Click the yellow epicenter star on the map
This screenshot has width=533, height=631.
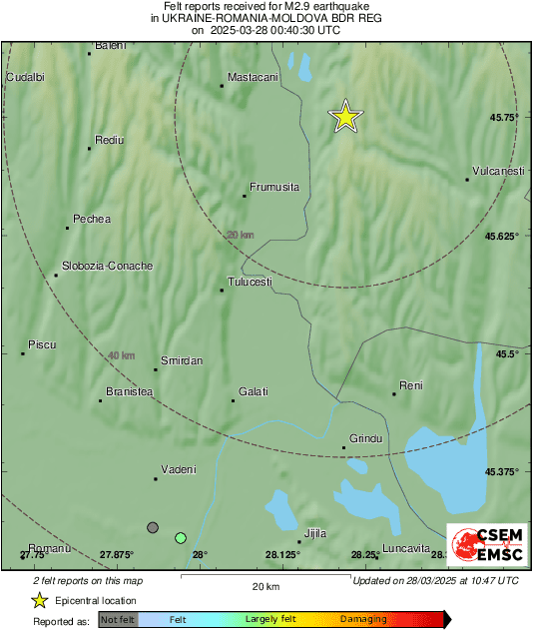[x=345, y=117]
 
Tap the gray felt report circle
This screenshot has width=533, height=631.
[x=153, y=527]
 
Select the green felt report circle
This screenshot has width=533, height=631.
[x=181, y=538]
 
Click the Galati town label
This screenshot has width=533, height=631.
[x=254, y=391]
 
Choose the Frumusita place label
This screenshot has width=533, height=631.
[x=274, y=187]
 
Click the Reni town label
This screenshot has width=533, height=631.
[x=410, y=385]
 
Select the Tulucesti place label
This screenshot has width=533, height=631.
[x=250, y=282]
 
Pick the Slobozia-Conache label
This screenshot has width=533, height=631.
[x=107, y=266]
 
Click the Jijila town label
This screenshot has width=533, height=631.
[x=315, y=533]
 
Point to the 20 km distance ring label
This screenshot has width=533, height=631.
[x=240, y=235]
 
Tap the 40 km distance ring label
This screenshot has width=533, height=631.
[x=121, y=355]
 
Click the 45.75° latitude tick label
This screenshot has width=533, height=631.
[x=501, y=118]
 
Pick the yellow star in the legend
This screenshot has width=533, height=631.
[x=39, y=601]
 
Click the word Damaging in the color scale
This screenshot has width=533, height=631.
[x=363, y=619]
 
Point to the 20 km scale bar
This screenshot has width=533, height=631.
[x=264, y=578]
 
